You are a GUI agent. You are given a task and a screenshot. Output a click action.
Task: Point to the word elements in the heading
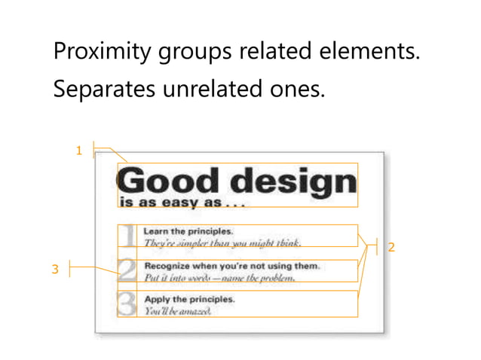click(x=374, y=54)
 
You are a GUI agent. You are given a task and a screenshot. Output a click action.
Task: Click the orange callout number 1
click(x=78, y=151)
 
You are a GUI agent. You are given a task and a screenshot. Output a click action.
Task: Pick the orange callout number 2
click(x=392, y=247)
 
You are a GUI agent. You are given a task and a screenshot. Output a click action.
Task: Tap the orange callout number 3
click(x=54, y=270)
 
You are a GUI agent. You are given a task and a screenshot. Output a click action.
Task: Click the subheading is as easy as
click(x=181, y=203)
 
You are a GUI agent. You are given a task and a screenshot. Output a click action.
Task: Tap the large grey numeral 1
click(x=129, y=236)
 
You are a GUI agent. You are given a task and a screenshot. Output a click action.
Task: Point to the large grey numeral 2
click(x=128, y=270)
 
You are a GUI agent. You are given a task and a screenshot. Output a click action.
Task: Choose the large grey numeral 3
click(x=128, y=304)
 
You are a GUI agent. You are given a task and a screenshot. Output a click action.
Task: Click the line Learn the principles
click(x=188, y=231)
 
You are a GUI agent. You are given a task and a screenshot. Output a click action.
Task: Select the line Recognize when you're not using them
click(x=232, y=265)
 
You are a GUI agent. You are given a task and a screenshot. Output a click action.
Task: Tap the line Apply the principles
click(x=189, y=298)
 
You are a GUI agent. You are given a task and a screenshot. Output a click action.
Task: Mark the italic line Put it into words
click(x=219, y=277)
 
